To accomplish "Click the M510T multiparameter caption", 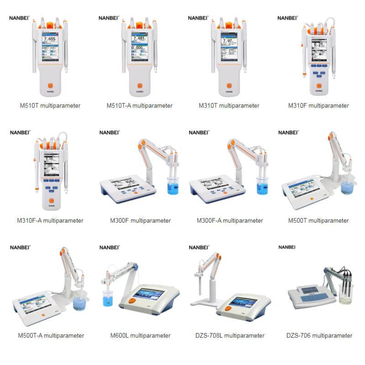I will tap(50, 106).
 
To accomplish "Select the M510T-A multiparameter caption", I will tap(140, 106).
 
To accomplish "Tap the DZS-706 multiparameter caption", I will tap(319, 336).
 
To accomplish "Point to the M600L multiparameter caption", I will tap(141, 336).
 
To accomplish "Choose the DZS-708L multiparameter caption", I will tap(230, 336).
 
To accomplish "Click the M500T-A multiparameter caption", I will tap(51, 336).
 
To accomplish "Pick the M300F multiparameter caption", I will tap(141, 221).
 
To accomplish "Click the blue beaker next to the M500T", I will tap(348, 187).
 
